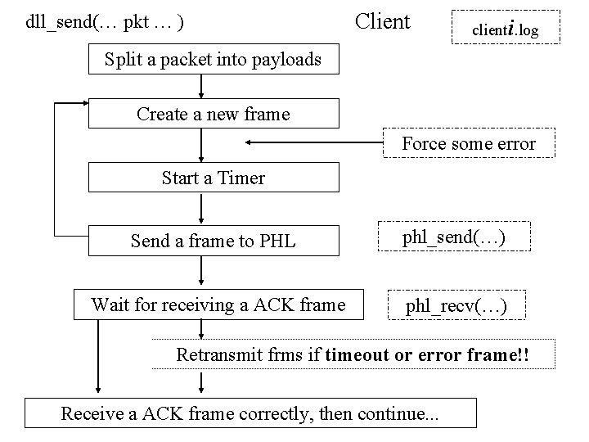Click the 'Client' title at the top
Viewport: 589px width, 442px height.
[382, 21]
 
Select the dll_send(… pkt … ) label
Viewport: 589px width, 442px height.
[104, 21]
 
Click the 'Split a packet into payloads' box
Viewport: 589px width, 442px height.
[213, 59]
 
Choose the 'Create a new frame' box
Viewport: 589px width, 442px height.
[213, 114]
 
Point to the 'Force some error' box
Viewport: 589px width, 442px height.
[469, 144]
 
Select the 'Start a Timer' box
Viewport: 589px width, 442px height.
[213, 177]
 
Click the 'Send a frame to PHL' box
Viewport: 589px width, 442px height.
[213, 241]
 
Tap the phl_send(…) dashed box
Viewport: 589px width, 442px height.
[452, 238]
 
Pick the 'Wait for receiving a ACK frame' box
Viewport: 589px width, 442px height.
[218, 305]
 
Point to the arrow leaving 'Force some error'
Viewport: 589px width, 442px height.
[315, 144]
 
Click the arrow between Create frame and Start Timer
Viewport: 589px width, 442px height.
[200, 145]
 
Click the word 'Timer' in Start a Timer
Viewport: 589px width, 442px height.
[241, 178]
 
